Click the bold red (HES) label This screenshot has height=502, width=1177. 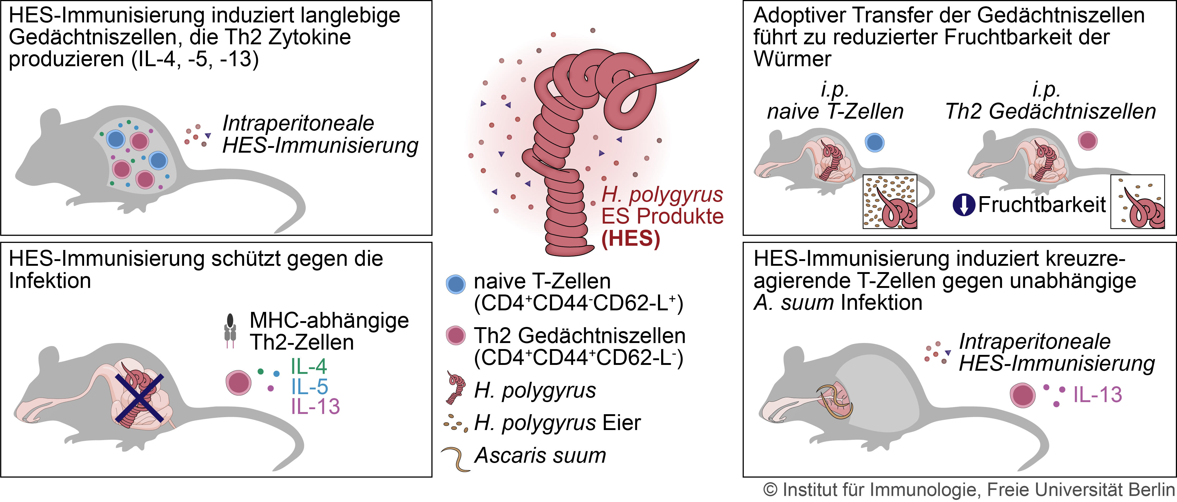631,238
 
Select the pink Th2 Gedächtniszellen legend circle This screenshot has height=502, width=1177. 455,335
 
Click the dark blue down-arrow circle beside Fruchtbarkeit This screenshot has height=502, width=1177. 964,205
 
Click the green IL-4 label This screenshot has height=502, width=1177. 309,366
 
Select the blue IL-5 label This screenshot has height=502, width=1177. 310,387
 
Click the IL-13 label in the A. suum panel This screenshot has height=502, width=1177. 1098,395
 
